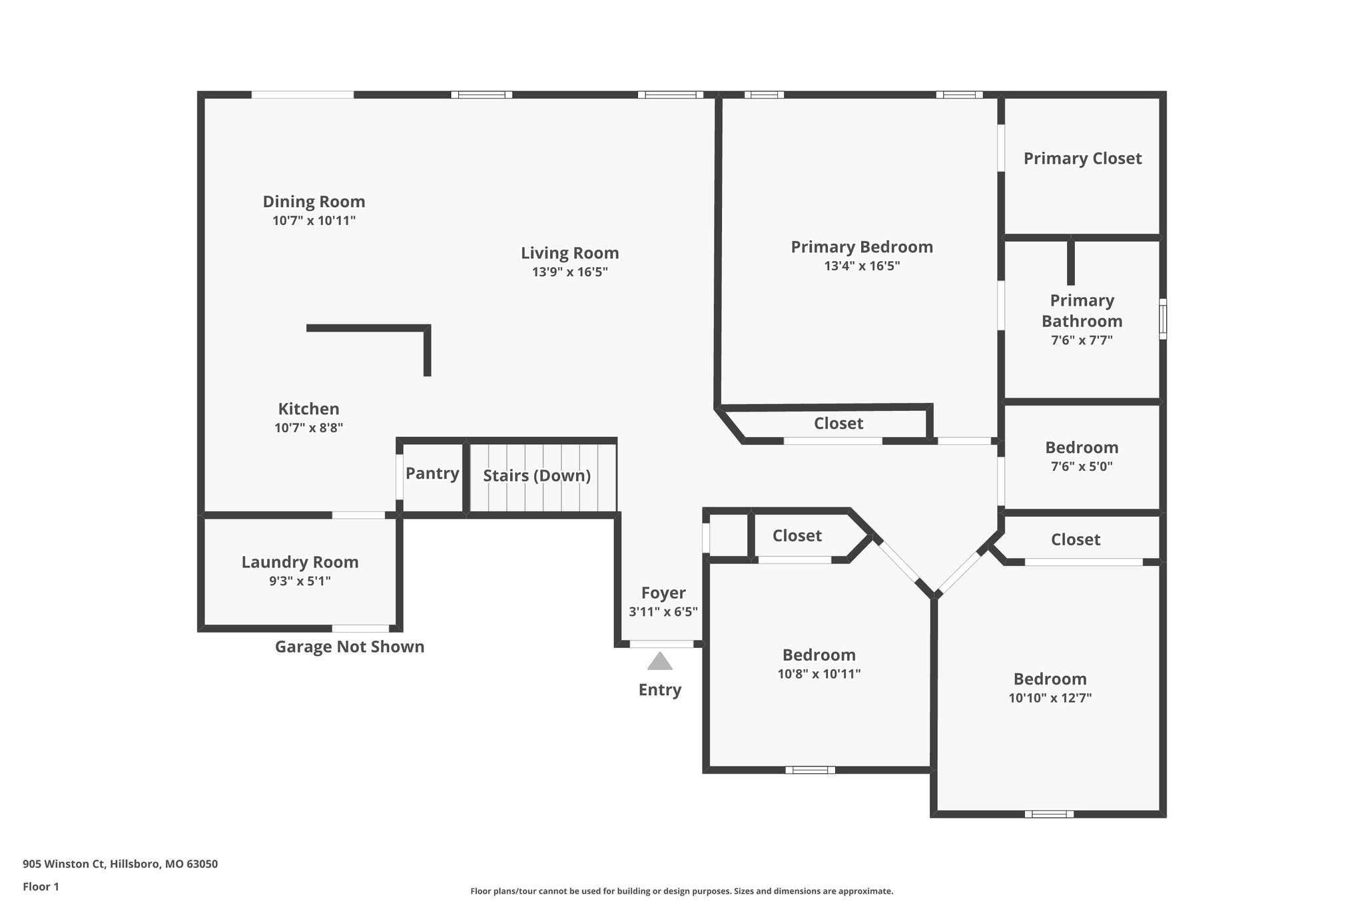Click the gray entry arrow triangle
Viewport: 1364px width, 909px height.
click(x=659, y=662)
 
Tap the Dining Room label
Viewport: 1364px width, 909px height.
click(x=314, y=202)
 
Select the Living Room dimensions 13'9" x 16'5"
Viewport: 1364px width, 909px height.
click(x=569, y=272)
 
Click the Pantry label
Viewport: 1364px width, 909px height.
click(x=432, y=473)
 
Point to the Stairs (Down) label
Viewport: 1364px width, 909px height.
click(x=537, y=475)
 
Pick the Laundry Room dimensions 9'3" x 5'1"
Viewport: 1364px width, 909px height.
click(x=300, y=581)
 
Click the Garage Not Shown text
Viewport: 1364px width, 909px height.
click(x=350, y=647)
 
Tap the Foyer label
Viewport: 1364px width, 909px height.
click(x=663, y=593)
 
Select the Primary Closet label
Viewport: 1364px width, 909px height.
click(x=1082, y=158)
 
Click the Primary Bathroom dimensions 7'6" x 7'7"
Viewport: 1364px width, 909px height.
click(x=1082, y=340)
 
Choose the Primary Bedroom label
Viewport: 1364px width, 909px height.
click(x=862, y=247)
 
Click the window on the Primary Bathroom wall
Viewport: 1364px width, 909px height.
click(x=1163, y=319)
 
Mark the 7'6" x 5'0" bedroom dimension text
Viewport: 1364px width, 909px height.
click(x=1082, y=466)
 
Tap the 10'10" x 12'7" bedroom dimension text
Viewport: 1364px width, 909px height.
click(x=1050, y=698)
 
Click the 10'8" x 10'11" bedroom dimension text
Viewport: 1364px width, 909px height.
click(x=819, y=674)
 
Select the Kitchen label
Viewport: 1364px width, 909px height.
click(x=308, y=409)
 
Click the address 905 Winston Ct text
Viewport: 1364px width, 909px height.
click(x=120, y=864)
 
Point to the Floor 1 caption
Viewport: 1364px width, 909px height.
click(x=41, y=887)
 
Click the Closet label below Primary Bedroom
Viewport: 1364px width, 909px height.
click(x=838, y=424)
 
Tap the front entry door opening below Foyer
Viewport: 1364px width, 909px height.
click(x=661, y=644)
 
